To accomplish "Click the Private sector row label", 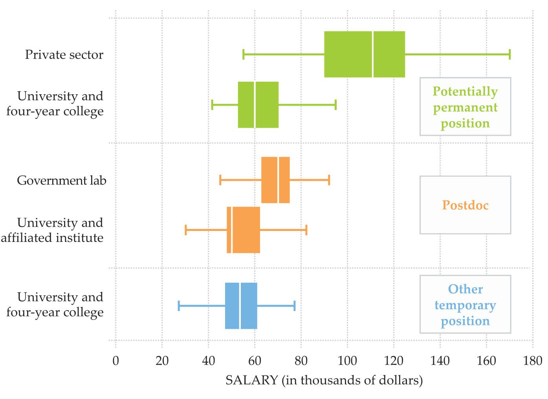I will click(64, 55).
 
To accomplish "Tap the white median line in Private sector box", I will click(372, 54).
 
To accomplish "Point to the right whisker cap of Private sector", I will click(510, 54).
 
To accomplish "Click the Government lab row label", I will click(62, 181).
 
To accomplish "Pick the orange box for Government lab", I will click(269, 180).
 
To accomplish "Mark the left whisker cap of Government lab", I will click(220, 180).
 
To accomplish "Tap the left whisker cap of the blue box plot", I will click(179, 306).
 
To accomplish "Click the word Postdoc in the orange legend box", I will click(465, 205).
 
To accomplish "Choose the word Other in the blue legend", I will click(465, 289).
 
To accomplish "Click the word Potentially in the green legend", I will click(465, 91).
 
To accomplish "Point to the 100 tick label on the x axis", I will click(347, 361).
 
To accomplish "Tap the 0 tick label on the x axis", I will click(115, 361).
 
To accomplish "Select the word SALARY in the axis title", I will click(251, 380).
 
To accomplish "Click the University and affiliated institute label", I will click(53, 230).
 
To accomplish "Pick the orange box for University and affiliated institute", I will click(246, 230).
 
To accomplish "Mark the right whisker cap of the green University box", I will click(335, 105).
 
